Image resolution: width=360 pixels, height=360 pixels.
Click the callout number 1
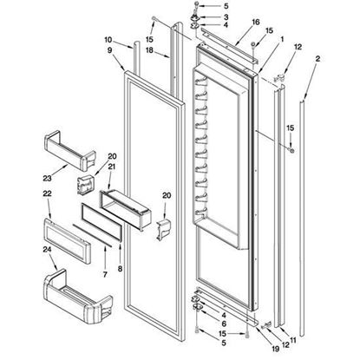click(282, 39)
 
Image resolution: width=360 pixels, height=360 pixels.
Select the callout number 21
click(113, 166)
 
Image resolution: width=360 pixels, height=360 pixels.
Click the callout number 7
click(107, 249)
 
